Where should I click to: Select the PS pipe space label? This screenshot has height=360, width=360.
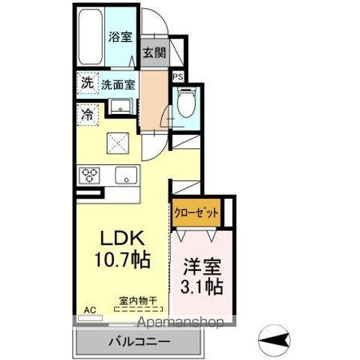tap(178, 76)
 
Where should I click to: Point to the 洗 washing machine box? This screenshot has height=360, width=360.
tap(87, 84)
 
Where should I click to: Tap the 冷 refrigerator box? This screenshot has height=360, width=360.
tap(87, 115)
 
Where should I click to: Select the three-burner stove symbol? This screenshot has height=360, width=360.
tap(91, 175)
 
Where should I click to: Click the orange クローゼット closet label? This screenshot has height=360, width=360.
tap(196, 213)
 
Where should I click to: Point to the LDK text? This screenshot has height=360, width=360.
tap(122, 240)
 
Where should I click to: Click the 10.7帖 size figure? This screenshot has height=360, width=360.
tap(122, 261)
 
